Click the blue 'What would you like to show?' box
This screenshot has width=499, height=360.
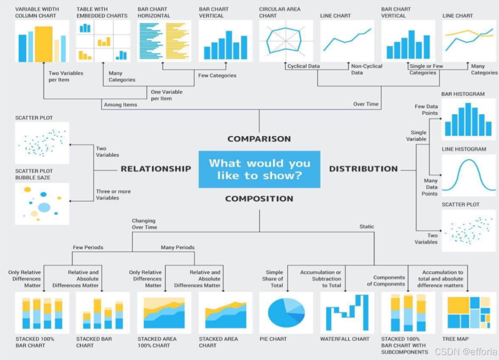(x=259, y=169)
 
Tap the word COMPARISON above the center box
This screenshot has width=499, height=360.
(x=259, y=139)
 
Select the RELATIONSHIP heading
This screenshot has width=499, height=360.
(x=156, y=169)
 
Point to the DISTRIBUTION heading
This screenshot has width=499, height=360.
(x=363, y=169)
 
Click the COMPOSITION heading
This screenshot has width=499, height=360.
(x=259, y=199)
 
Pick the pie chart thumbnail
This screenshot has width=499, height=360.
(x=286, y=313)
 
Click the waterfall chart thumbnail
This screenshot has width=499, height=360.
(x=347, y=313)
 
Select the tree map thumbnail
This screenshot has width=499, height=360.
(x=468, y=313)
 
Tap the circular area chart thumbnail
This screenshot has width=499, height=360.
(x=286, y=41)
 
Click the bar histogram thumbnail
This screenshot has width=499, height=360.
(x=468, y=119)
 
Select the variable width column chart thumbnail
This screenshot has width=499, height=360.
(x=42, y=41)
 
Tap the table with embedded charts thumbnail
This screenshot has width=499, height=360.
(x=103, y=41)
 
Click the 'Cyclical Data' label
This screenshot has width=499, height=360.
(x=303, y=66)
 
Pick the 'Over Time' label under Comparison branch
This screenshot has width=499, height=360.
(x=366, y=104)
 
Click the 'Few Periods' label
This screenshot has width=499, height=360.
(x=88, y=247)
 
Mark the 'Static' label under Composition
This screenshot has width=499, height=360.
(x=367, y=227)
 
